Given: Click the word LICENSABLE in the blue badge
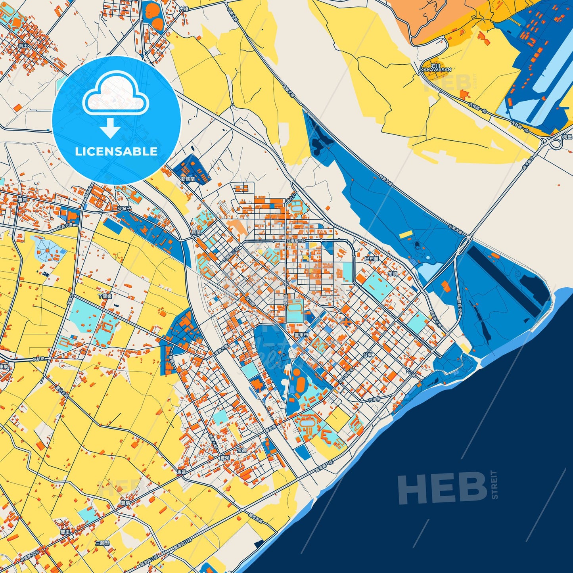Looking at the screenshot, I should tap(116, 151).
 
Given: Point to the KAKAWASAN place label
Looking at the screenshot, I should tap(436, 69).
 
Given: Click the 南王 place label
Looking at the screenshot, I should tap(23, 46).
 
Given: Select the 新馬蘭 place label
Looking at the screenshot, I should tap(188, 179).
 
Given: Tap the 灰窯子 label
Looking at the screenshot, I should tap(124, 208).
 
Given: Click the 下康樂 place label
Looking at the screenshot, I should tap(105, 296).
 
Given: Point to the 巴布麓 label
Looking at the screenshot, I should tap(372, 259).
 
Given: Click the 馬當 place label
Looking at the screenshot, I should tap(181, 472).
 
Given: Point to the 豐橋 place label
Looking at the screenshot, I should tap(125, 503).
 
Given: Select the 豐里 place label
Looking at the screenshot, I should tap(65, 532).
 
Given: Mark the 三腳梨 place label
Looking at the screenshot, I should tap(102, 543).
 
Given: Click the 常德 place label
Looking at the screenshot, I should tap(241, 450).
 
